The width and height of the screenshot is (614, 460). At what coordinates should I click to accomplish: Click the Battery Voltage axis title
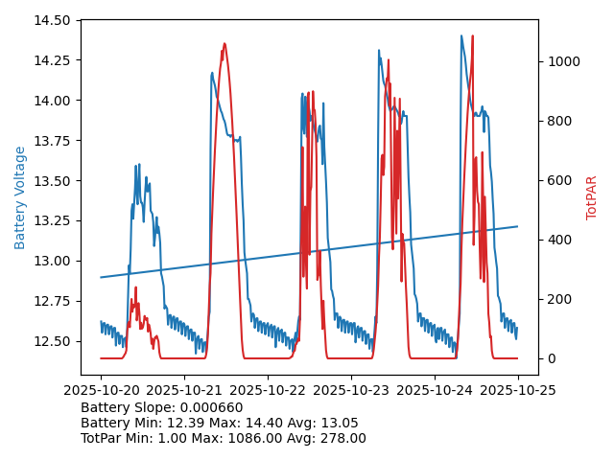pos(20,197)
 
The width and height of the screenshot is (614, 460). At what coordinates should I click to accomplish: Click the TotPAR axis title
pos(592,197)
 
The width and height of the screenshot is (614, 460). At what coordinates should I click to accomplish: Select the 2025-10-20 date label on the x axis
pos(101,390)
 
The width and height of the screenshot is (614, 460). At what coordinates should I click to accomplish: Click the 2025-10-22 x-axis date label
pos(268,390)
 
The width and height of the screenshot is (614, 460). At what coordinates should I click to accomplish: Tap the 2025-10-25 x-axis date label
pos(518,390)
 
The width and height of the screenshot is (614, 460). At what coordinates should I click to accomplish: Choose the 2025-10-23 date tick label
pos(351,390)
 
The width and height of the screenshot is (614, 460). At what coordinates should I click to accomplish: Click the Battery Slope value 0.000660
pos(210,407)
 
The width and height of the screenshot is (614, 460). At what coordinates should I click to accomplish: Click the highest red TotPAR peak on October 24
pos(472,36)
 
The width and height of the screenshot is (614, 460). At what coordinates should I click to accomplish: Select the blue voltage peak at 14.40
pos(461,36)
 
